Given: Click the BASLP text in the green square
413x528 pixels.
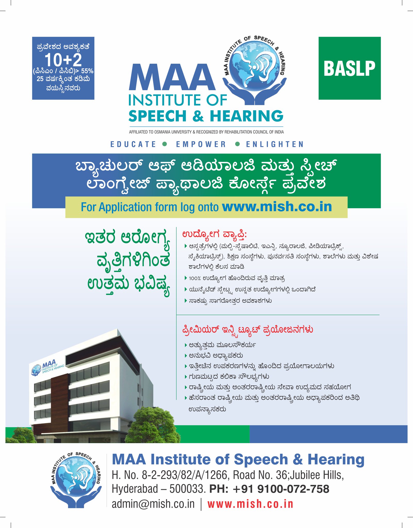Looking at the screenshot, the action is pyautogui.click(x=349, y=69).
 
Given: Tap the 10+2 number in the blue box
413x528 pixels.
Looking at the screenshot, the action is pyautogui.click(x=63, y=60).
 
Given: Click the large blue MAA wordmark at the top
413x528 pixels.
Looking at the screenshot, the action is pyautogui.click(x=172, y=77).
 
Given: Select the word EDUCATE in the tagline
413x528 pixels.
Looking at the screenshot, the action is pyautogui.click(x=133, y=144).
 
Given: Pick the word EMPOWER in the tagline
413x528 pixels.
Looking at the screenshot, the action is pyautogui.click(x=201, y=144).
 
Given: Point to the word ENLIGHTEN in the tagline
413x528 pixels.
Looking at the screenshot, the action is pyautogui.click(x=275, y=144).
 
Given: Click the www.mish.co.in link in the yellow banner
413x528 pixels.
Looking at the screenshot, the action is pyautogui.click(x=277, y=207).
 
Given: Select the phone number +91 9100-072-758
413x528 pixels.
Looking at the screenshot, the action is pyautogui.click(x=281, y=489).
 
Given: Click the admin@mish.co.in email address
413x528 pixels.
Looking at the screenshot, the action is pyautogui.click(x=153, y=504).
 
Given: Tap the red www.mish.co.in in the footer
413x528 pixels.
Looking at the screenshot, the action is pyautogui.click(x=250, y=504).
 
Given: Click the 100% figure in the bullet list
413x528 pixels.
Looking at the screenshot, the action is pyautogui.click(x=195, y=278).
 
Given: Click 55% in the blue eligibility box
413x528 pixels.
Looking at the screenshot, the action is pyautogui.click(x=87, y=71).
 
